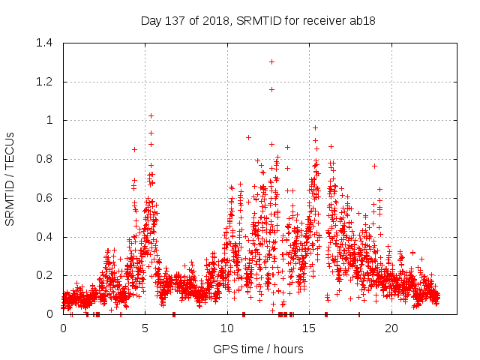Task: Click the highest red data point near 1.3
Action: coord(271,61)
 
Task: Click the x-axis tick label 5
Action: coord(145,328)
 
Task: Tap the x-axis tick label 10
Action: coord(227,328)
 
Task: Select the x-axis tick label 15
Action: coord(310,328)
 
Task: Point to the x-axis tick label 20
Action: coord(391,328)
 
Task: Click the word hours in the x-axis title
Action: coord(287,349)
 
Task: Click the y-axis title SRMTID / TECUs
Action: coord(10,178)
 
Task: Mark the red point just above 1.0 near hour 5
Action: coord(151,115)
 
